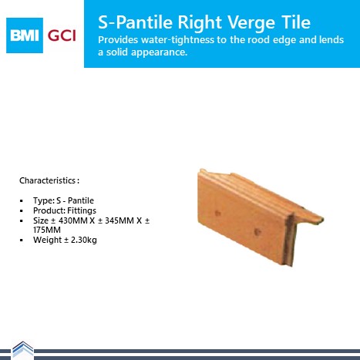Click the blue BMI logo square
[25, 35]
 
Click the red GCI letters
[62, 35]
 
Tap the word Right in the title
[200, 23]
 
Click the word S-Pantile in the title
[135, 22]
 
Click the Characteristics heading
[49, 180]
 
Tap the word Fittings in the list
[82, 210]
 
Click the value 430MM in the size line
[73, 220]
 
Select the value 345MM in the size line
[119, 220]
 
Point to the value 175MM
[47, 230]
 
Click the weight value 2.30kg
[84, 240]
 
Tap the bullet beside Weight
[22, 241]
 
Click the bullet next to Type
[22, 200]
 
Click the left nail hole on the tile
[217, 213]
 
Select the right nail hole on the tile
[257, 232]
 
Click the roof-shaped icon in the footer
[23, 350]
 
